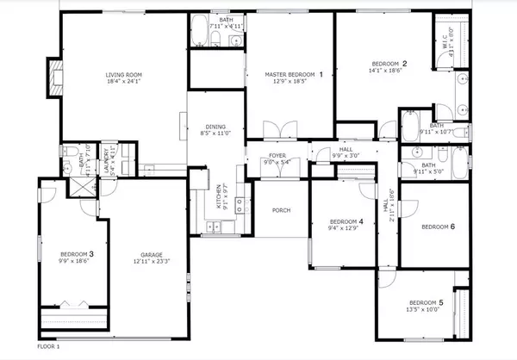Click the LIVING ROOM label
tap(123, 75)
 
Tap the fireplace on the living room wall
tap(54, 78)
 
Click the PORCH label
tap(281, 210)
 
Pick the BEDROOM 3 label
tap(76, 254)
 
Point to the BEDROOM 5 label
tap(426, 302)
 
